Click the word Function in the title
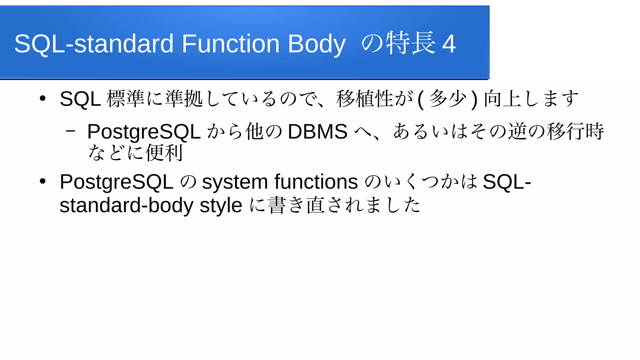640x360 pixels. pos(230,44)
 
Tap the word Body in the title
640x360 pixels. pos(317,44)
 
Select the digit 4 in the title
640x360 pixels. pos(449,44)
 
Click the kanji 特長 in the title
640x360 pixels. pos(411,43)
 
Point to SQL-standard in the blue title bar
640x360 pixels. pos(94,44)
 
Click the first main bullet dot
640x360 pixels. pos(43,98)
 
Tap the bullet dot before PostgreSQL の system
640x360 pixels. pos(43,181)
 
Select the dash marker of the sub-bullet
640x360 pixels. pos(71,131)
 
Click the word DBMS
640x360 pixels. pos(317,131)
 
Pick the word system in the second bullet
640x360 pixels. pos(235,182)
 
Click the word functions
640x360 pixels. pos(316,182)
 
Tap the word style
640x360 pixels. pos(221,206)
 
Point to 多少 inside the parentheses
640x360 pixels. pos(447,98)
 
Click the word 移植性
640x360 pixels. pos(364,98)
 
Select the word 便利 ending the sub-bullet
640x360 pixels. pos(164,153)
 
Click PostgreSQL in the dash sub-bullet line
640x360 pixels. pos(144,132)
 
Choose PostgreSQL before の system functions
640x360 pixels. pos(116,182)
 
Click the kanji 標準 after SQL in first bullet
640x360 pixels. pos(125,98)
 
